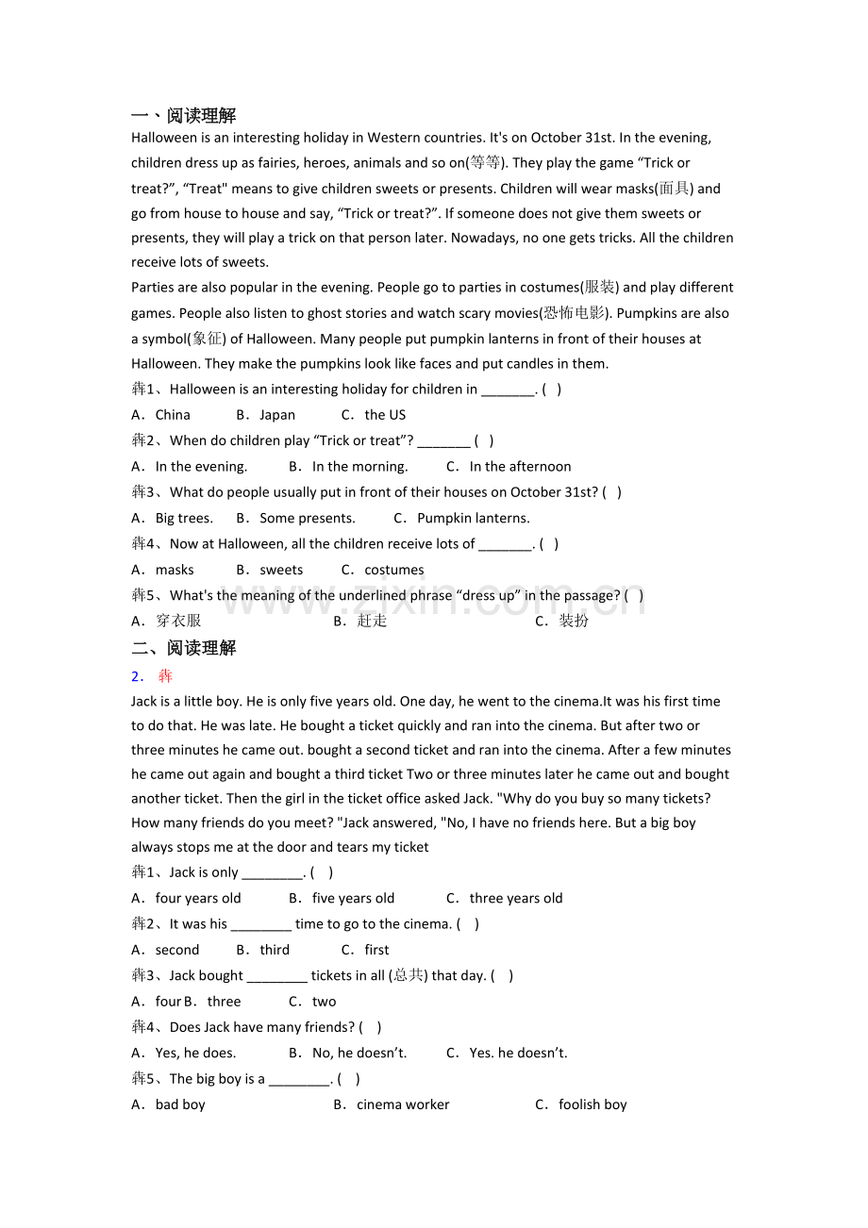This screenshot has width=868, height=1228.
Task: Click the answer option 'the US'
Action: pos(385,415)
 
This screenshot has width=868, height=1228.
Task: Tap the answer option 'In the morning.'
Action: pos(359,467)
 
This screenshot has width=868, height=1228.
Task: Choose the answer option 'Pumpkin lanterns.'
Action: pos(473,518)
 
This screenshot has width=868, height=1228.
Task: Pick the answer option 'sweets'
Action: pos(281,570)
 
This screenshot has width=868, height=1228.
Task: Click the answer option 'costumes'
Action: pos(393,570)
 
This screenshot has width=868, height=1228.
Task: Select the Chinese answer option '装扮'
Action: pos(574,621)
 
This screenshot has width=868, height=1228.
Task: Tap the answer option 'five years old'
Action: pos(353,899)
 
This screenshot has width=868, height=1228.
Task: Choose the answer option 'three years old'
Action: pos(515,899)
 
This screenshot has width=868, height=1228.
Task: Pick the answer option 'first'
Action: pos(376,950)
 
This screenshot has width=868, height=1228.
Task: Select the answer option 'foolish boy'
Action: pos(593,1104)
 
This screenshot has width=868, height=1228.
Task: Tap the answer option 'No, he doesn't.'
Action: pos(359,1054)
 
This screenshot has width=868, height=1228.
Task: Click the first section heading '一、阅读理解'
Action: pos(183,116)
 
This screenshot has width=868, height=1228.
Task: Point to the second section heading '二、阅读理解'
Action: pos(183,648)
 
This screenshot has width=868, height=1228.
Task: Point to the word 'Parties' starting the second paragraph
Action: pos(152,288)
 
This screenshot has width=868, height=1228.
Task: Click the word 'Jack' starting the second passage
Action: pos(143,702)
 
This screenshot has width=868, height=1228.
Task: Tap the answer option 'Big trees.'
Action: pos(184,518)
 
